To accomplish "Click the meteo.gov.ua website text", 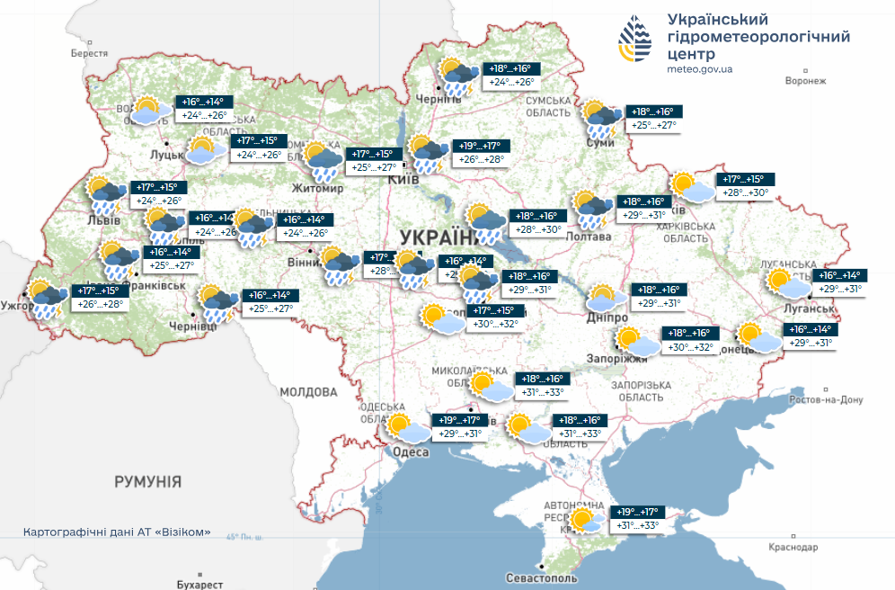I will coord(699,68).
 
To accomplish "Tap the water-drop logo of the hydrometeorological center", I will coord(636,40).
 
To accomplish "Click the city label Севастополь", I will coord(540,577).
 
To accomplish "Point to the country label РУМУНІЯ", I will coord(148,482).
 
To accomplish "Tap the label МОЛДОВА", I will coord(308,392).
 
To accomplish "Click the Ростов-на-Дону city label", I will coord(825,399).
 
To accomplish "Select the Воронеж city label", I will coord(804,81).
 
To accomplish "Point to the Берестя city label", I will coord(89,54).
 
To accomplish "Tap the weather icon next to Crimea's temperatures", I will coord(586,521).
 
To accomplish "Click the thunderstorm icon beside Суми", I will coord(601,119).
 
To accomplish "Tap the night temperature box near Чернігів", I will coord(510,68).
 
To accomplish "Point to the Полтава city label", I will coord(588,236).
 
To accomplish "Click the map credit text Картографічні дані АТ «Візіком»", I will coord(117,532).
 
